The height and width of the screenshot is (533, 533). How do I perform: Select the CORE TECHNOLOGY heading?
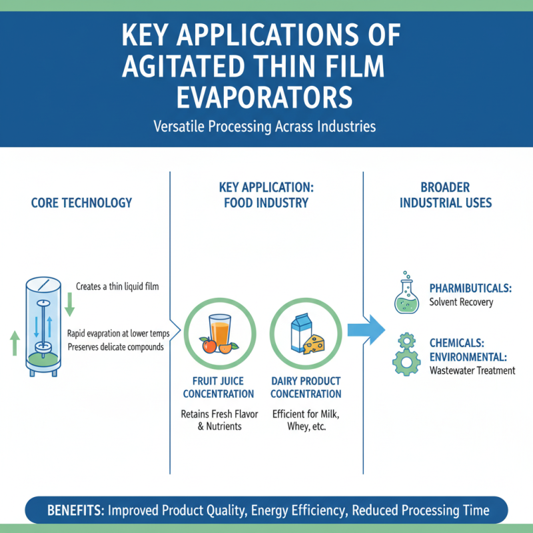[81, 203]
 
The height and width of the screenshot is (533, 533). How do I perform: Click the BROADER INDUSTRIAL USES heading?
[446, 195]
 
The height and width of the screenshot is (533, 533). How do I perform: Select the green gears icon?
[405, 353]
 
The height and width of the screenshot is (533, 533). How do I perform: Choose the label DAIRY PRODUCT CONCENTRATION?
[306, 388]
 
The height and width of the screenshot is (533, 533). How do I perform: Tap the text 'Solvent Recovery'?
[461, 302]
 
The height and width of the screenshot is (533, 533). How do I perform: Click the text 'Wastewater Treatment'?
[472, 370]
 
